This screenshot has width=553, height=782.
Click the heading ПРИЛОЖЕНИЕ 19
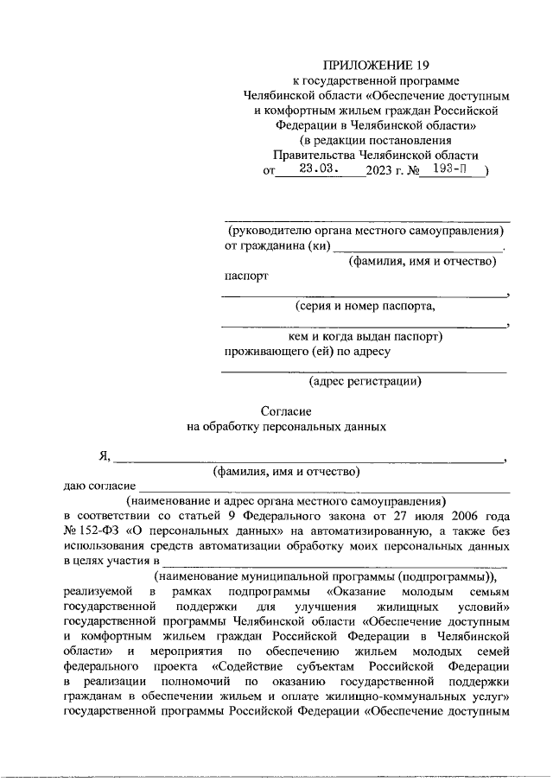pyautogui.click(x=363, y=65)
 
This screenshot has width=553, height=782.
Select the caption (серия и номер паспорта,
pyautogui.click(x=365, y=305)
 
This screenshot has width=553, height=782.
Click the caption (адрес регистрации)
pyautogui.click(x=365, y=380)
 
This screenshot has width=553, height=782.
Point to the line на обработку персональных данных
pyautogui.click(x=285, y=426)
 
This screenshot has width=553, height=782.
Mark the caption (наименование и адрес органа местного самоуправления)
pyautogui.click(x=285, y=500)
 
